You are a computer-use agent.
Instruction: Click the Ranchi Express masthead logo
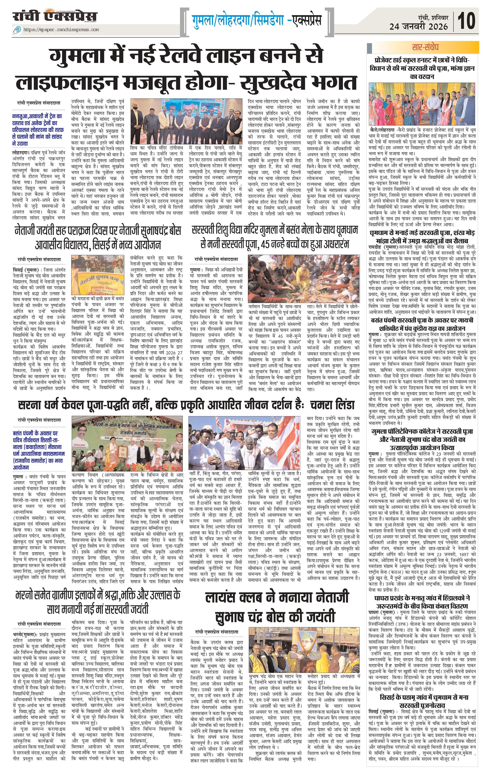coord(55,16)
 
